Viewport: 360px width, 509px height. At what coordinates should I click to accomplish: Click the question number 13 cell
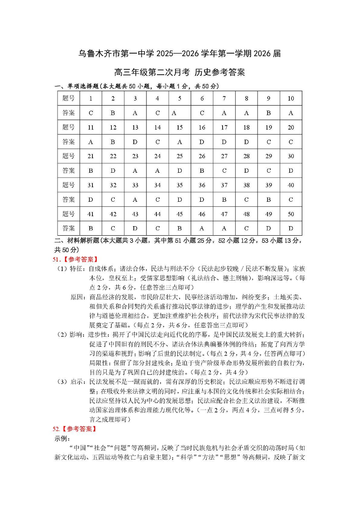tap(135, 127)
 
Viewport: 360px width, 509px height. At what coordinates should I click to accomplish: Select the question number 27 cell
tap(224, 156)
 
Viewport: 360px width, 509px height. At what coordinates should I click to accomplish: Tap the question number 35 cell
tap(180, 185)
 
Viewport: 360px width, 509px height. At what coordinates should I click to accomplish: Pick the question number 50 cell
tap(291, 214)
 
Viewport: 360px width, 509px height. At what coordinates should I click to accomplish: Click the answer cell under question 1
tap(91, 113)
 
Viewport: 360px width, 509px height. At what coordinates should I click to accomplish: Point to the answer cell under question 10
tap(291, 113)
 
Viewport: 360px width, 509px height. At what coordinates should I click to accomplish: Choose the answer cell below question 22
tap(113, 170)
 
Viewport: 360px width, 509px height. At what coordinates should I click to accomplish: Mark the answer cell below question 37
tap(224, 199)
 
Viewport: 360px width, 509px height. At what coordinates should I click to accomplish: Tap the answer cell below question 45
tap(180, 228)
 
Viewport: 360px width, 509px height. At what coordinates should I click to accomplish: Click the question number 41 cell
tap(91, 214)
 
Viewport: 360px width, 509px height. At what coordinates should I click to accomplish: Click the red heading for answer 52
tap(75, 428)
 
